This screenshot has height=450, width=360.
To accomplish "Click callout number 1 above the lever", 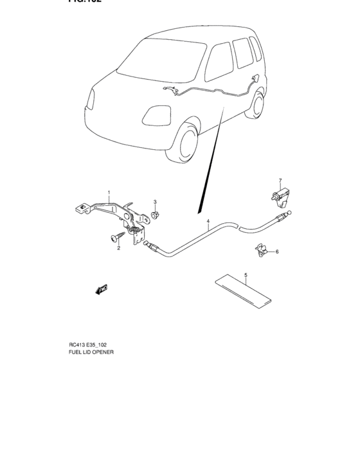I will coord(109,192).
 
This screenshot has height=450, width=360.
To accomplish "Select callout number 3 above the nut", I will coord(155,203).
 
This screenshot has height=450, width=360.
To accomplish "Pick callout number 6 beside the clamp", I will coord(277,252).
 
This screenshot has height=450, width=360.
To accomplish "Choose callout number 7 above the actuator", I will coord(280,181).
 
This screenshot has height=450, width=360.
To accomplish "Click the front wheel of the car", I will coord(184,142).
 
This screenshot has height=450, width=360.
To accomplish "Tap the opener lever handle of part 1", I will coord(82,208).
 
